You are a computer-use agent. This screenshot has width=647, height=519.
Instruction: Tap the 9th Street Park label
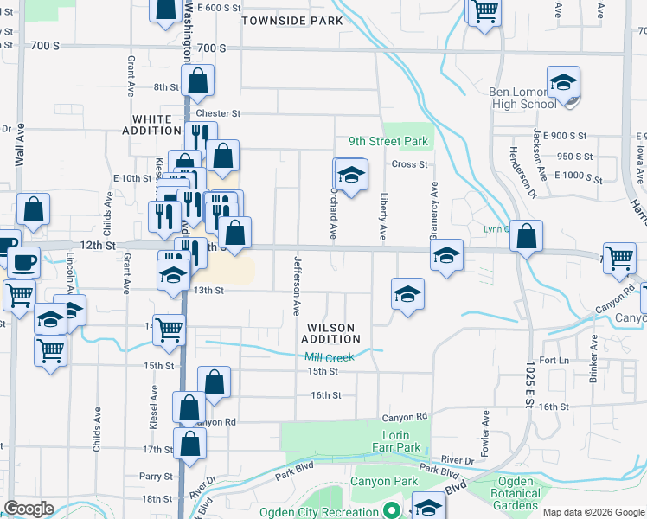coord(388,141)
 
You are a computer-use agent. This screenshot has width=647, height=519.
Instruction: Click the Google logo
coord(29,509)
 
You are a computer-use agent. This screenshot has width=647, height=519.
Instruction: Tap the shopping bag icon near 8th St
coord(197,80)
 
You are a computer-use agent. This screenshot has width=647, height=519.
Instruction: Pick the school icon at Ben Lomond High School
coord(562,83)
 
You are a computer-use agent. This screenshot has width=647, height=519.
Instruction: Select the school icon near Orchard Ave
coord(351,176)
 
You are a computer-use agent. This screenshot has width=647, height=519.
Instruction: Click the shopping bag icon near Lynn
coord(525,234)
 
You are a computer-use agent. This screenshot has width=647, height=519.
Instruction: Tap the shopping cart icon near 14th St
coord(170,328)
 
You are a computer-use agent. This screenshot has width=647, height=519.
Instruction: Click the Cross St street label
coord(409,164)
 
